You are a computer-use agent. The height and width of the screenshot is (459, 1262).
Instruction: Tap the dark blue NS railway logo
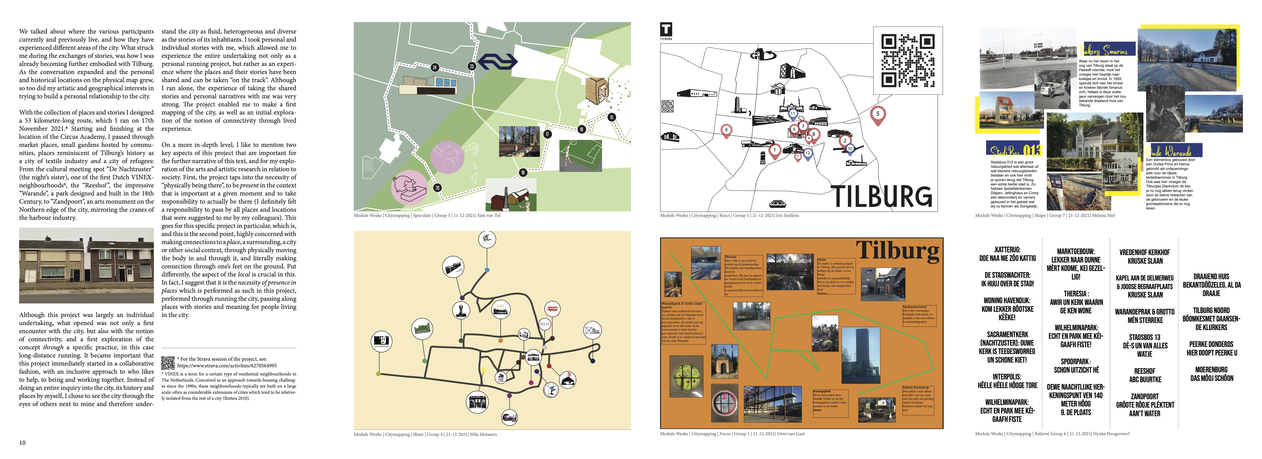tap(497, 62)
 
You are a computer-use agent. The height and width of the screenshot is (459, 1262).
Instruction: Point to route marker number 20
tap(438, 188)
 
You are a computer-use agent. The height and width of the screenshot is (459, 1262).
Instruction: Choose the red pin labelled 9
tap(726, 130)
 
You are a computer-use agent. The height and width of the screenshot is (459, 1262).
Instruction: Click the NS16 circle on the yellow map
tap(545, 324)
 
